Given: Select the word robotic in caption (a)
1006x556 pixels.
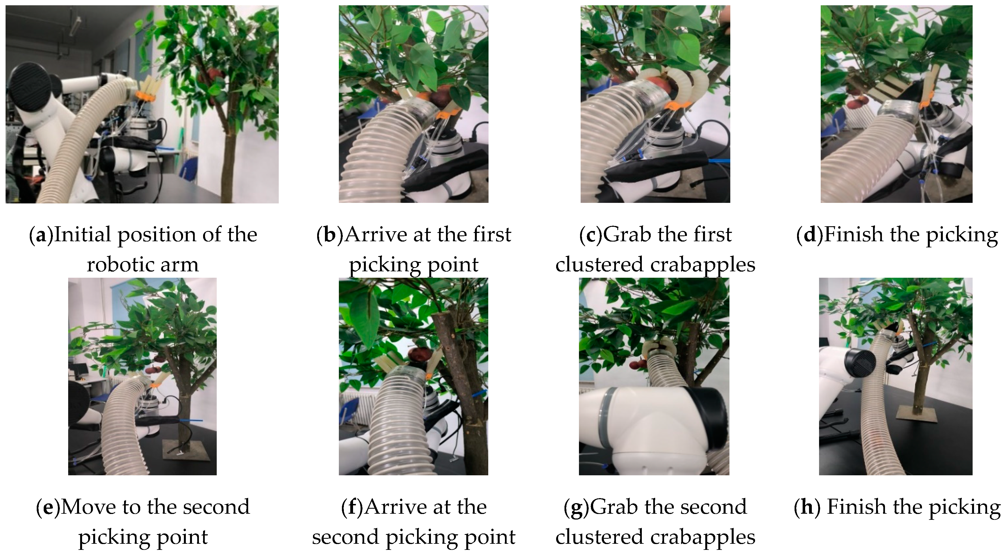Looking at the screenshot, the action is [x=118, y=265].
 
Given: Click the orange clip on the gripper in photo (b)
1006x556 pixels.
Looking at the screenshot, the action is [x=445, y=114].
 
